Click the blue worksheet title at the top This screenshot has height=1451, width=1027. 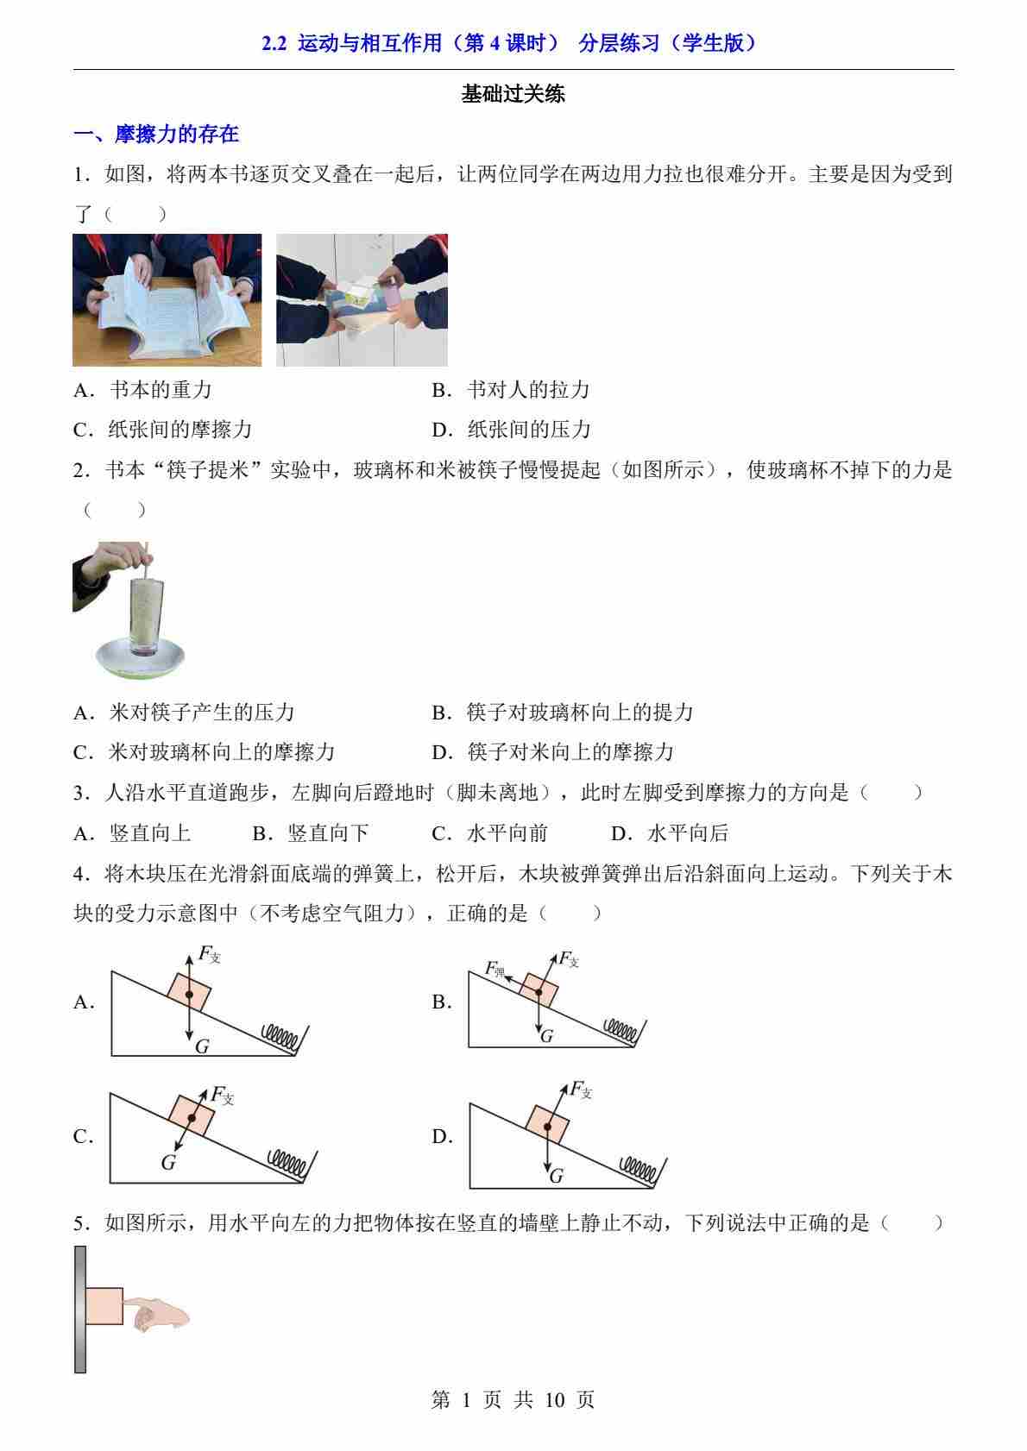pos(508,43)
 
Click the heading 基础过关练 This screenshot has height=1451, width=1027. pos(513,94)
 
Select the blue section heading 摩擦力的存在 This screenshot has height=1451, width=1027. pos(176,134)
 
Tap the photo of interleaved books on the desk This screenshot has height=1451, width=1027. pos(167,300)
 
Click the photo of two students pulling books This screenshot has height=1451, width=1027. pos(362,300)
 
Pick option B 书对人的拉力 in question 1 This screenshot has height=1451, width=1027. pos(511,390)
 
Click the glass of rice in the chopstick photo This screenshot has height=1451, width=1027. pos(147,618)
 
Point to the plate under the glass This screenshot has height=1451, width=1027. pos(140,658)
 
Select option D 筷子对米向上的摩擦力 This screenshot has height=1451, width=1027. pos(552,752)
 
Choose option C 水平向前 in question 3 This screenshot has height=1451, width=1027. pos(490,833)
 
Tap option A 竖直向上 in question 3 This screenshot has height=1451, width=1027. pos(132,833)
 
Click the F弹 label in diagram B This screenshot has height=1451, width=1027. pos(495,969)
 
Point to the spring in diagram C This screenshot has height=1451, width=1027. pos(287,1161)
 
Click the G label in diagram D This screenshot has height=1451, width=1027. pos(556,1176)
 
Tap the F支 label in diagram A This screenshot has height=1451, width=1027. pos(210,954)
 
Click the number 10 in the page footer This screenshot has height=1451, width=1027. pos(555,1400)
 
